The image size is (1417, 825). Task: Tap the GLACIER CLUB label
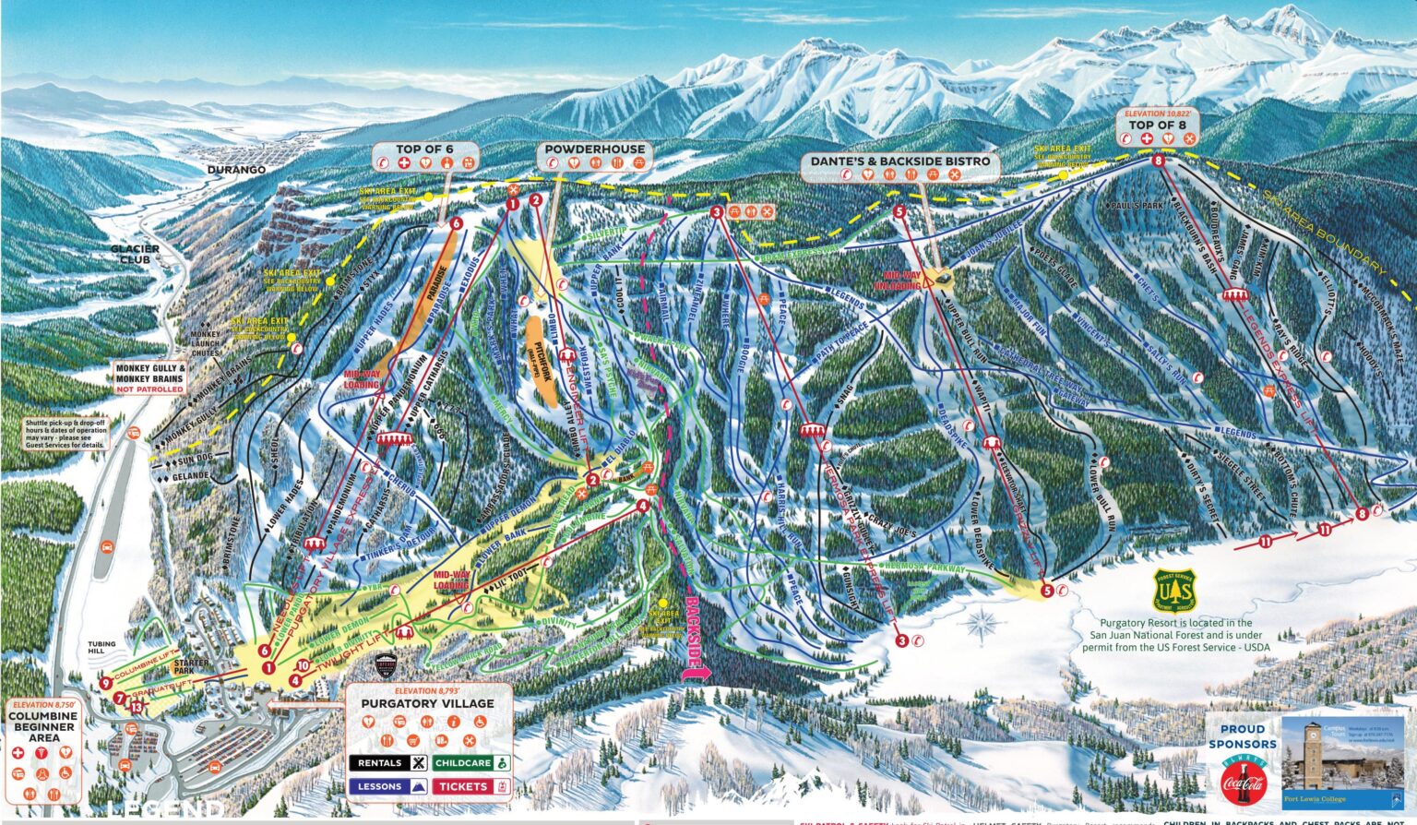pyautogui.click(x=135, y=254)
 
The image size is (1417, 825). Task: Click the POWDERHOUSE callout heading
pyautogui.click(x=593, y=149)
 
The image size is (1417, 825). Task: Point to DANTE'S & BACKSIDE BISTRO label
pyautogui.click(x=900, y=161)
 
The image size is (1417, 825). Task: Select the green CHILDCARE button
pyautogui.click(x=470, y=763)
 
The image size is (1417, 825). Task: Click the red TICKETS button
pyautogui.click(x=470, y=786)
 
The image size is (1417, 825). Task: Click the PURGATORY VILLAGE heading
pyautogui.click(x=427, y=703)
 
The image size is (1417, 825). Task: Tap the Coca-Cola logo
pyautogui.click(x=1242, y=781)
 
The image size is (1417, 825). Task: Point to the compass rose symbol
pyautogui.click(x=980, y=625)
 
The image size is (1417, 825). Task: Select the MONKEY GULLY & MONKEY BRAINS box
pyautogui.click(x=150, y=377)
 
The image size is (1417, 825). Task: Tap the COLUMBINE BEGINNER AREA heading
pyautogui.click(x=43, y=727)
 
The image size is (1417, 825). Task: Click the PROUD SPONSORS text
pyautogui.click(x=1242, y=735)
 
